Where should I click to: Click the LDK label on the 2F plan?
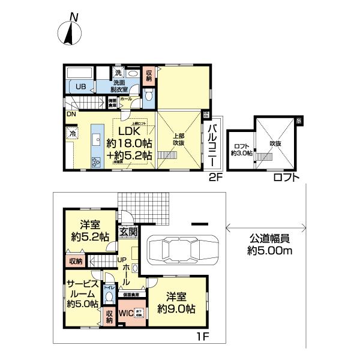[129, 131]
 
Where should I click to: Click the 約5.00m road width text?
[270, 251]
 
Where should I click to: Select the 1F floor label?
[202, 337]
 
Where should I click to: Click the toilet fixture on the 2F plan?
[149, 95]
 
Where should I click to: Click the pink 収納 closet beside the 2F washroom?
[149, 74]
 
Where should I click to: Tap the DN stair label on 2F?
[71, 114]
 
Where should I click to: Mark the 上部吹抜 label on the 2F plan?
[179, 139]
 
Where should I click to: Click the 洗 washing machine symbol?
[118, 73]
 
